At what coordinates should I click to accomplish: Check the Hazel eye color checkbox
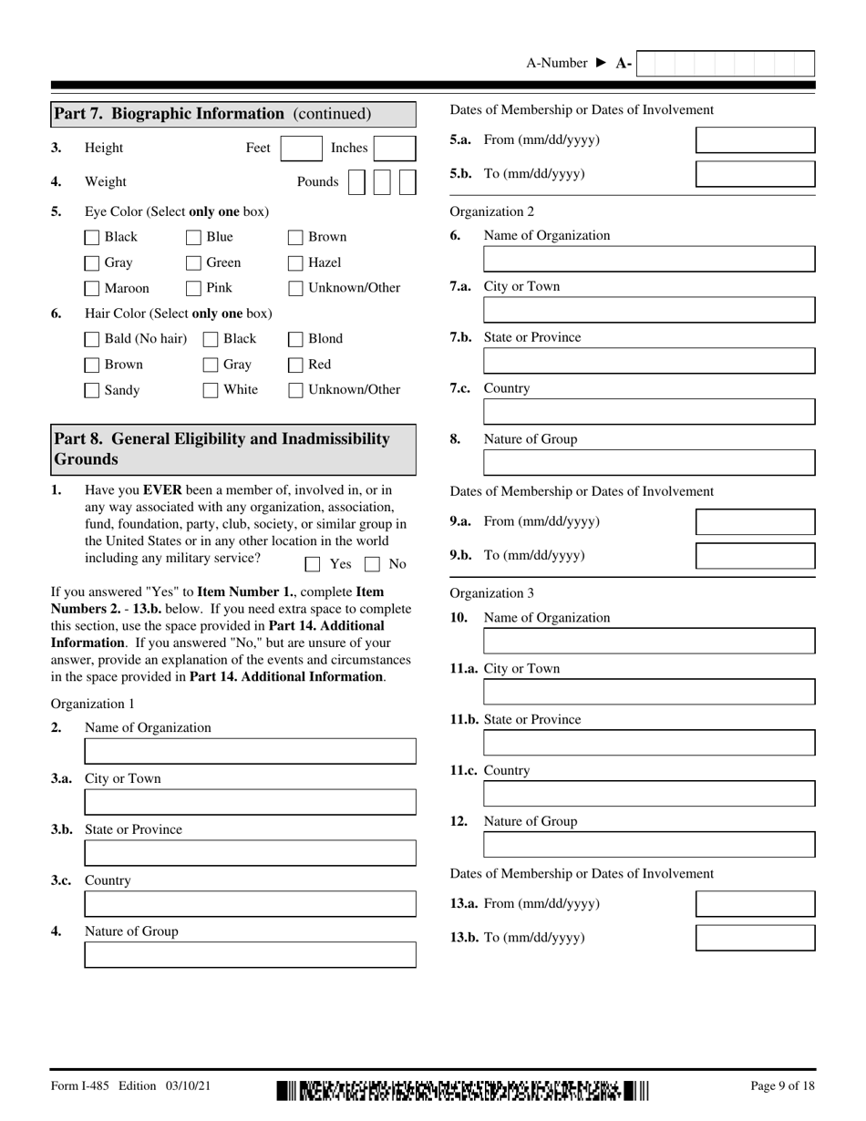(295, 263)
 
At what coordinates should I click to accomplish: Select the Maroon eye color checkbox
(92, 289)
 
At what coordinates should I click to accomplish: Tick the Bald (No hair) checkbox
(92, 340)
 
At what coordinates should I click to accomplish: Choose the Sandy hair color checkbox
(92, 391)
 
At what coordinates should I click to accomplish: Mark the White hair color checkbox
(211, 391)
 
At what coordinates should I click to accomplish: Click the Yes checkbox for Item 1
(313, 564)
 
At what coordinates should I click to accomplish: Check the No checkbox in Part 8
(373, 564)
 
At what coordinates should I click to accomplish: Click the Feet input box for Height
(301, 149)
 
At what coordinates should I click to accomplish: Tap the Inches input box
(395, 149)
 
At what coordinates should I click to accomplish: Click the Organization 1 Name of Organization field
(250, 751)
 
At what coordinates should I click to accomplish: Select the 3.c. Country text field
(250, 904)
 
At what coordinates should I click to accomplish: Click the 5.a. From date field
(755, 140)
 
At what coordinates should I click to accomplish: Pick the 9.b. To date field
(755, 556)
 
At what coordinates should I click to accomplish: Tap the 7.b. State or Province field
(649, 361)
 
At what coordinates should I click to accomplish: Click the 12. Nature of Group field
(649, 845)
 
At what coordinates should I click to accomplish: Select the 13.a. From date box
(755, 904)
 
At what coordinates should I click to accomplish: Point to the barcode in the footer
(463, 1090)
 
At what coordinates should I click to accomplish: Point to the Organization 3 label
(492, 593)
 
